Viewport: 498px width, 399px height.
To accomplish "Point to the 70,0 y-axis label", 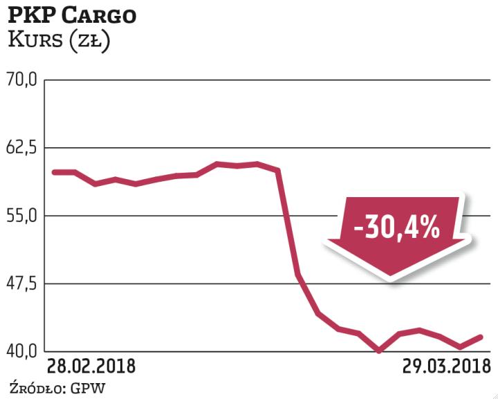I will [x=21, y=80].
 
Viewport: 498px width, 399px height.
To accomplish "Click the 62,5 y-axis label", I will [x=21, y=148].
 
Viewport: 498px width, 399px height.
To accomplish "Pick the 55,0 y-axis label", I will [x=21, y=215].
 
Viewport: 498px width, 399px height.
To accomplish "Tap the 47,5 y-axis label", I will [x=21, y=283].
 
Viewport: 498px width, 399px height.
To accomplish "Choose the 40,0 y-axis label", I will [x=21, y=351].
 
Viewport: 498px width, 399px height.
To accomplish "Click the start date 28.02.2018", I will [x=91, y=365].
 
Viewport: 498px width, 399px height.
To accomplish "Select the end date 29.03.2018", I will [x=446, y=365].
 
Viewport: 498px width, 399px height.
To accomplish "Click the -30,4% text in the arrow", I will [x=396, y=228].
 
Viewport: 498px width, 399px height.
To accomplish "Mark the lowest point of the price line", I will [x=379, y=351].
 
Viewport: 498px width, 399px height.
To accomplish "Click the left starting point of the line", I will [x=54, y=171].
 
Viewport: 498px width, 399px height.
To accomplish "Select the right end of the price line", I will [x=481, y=337].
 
